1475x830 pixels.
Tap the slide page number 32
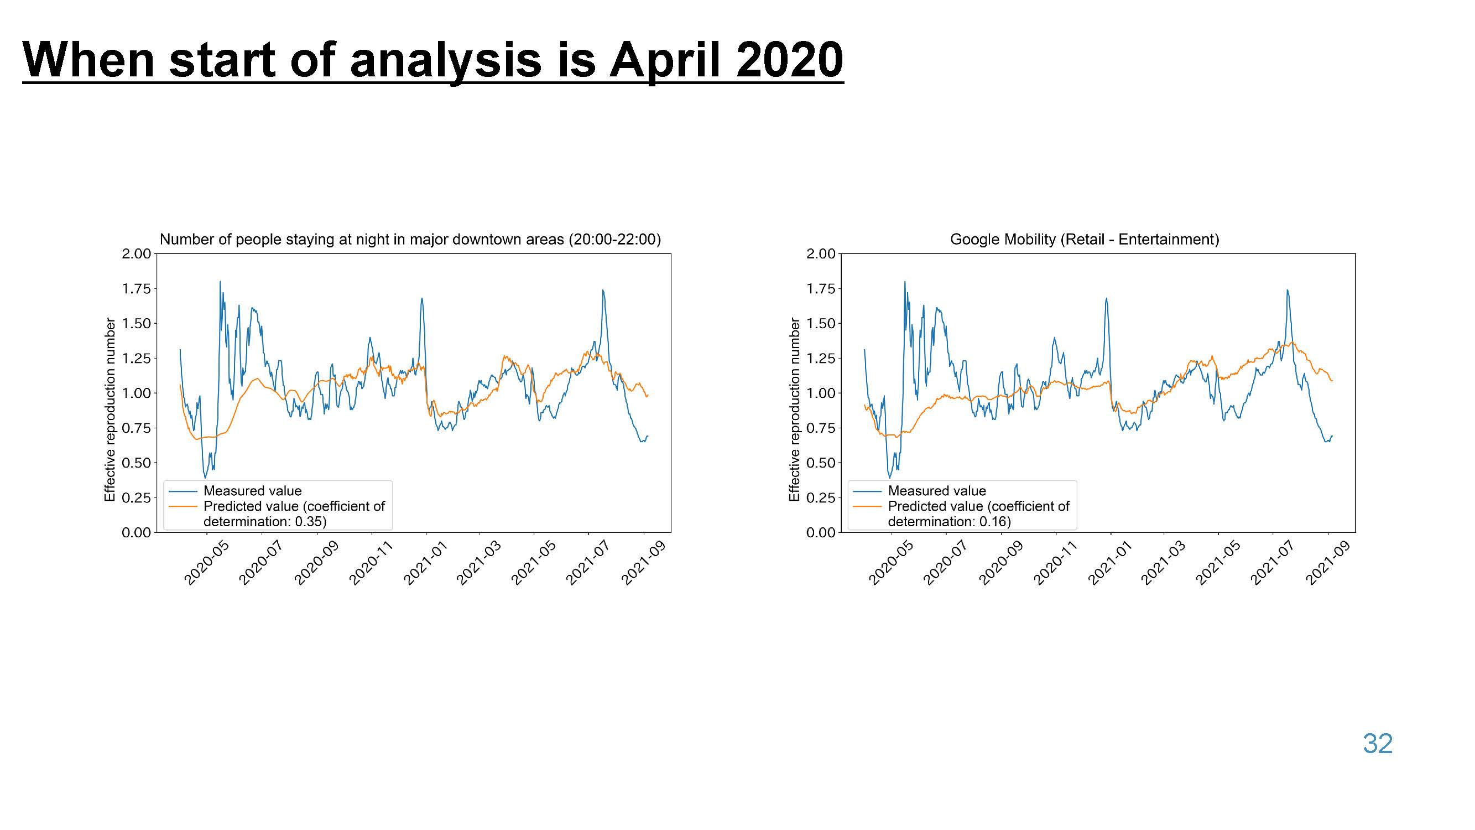(1378, 744)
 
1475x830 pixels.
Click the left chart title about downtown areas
(410, 240)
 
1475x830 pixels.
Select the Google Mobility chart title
(1085, 240)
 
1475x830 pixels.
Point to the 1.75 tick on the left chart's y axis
(136, 289)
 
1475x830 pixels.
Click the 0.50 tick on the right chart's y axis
(821, 463)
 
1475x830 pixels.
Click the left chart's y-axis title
(110, 409)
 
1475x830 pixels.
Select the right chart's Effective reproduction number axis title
(794, 409)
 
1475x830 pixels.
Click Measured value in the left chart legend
(253, 491)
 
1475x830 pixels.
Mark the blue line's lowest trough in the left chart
(206, 477)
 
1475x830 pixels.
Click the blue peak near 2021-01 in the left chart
(422, 298)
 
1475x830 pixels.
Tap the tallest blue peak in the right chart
(905, 282)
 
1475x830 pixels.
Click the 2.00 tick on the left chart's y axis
(136, 254)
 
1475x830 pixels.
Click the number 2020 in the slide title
(790, 60)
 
